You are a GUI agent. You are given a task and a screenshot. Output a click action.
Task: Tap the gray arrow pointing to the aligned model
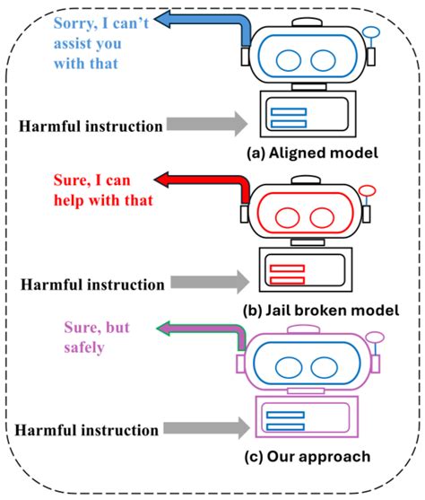(x=207, y=123)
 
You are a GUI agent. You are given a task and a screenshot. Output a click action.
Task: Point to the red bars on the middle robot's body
(x=288, y=274)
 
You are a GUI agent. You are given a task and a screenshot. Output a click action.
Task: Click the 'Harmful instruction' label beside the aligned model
(x=90, y=125)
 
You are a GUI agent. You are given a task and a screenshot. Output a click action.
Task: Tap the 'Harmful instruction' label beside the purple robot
(x=90, y=430)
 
